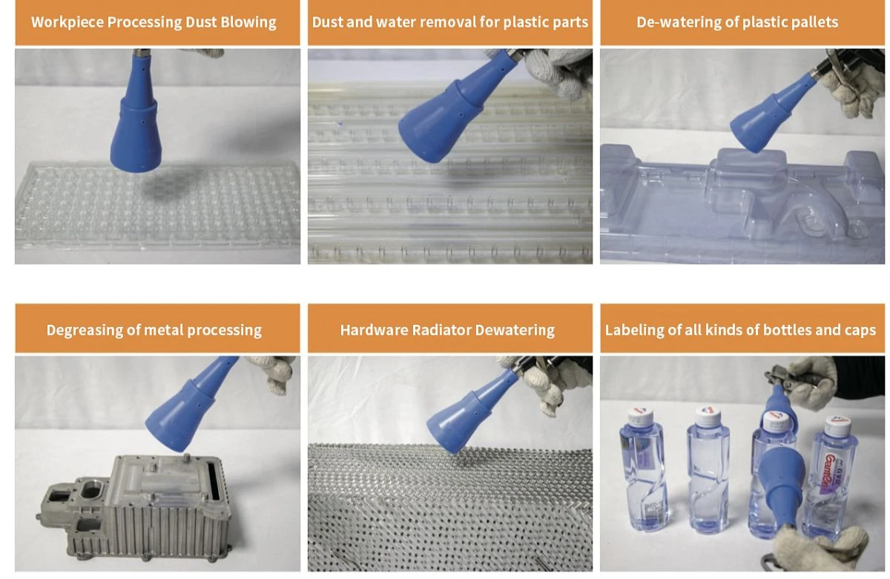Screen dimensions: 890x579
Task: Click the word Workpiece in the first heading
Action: (67, 22)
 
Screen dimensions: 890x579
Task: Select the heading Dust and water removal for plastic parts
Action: (449, 22)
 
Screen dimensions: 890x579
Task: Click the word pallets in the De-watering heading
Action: (814, 22)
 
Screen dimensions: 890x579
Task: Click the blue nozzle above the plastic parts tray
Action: (453, 111)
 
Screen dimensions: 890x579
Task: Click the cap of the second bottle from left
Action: (708, 414)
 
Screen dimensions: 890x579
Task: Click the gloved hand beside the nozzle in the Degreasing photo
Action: (274, 371)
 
